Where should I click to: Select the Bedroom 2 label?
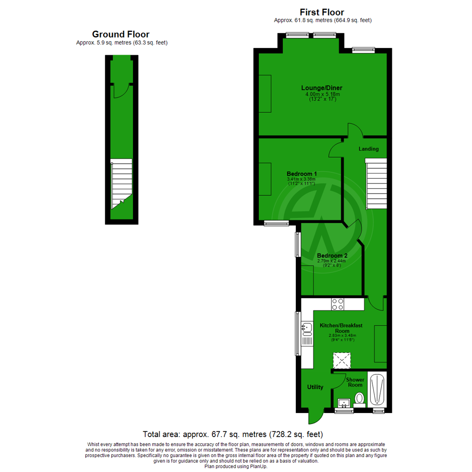coord(332,256)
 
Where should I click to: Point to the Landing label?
coord(368,149)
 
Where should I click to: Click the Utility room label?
coord(315,387)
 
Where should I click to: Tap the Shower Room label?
coord(355,382)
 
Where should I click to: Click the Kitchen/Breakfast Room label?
coord(341,328)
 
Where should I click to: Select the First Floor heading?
coord(322,12)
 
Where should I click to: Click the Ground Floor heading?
coord(121,34)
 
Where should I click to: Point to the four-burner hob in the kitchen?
coord(338,304)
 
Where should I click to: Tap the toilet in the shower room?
coord(360,399)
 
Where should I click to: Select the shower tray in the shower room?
coord(377,389)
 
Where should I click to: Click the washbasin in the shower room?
coord(344,402)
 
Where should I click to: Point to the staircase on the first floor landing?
coord(376,184)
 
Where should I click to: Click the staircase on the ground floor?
coord(121,183)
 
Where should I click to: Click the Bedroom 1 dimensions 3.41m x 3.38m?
coord(301,179)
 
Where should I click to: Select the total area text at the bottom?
coord(233,434)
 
